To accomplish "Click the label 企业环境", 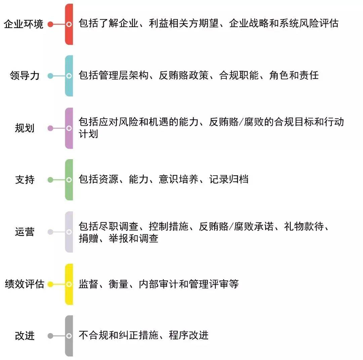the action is pos(24,24).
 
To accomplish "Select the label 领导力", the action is pos(25,76).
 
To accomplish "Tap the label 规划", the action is pos(25,128).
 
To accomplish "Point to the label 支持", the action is pos(25,180).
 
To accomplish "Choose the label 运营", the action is pos(25,232).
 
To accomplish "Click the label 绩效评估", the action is pos(24,284).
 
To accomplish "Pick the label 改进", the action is pos(25,336).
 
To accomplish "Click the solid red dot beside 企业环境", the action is pos(50,24).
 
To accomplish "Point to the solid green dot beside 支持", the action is pos(50,180).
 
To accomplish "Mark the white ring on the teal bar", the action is pos(69,76).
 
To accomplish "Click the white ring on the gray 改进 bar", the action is pos(69,336).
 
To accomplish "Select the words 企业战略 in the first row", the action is pos(249,24).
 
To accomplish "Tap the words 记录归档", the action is pos(229,179).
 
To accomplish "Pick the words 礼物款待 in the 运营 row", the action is pos(304,226).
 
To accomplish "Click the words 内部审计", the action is pos(159,284).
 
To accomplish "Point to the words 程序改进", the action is pos(189,335).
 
